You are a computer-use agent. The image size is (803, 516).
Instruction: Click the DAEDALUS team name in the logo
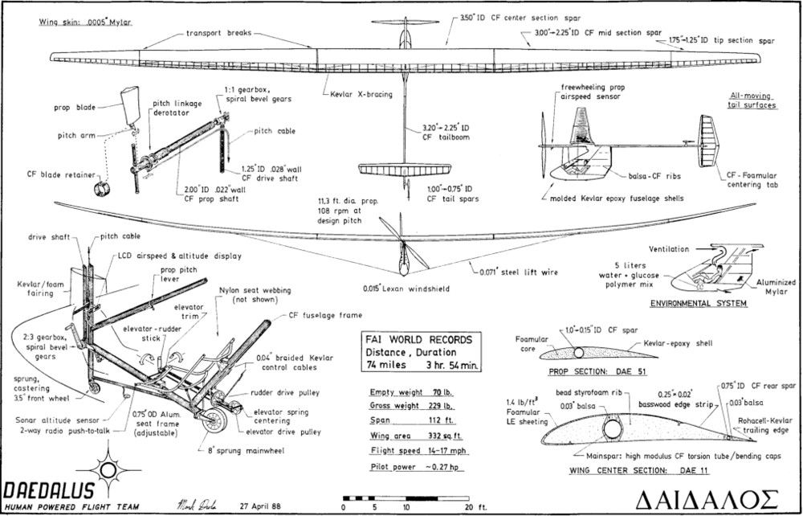click(x=47, y=489)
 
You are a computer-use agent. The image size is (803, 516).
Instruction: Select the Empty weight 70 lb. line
click(x=408, y=391)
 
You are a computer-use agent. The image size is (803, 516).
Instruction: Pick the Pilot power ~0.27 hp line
click(x=409, y=467)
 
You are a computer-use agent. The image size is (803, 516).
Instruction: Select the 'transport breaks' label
click(x=218, y=34)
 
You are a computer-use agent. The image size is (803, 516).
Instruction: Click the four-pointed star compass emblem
click(x=107, y=469)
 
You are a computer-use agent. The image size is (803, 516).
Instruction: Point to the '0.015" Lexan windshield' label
click(x=389, y=288)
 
